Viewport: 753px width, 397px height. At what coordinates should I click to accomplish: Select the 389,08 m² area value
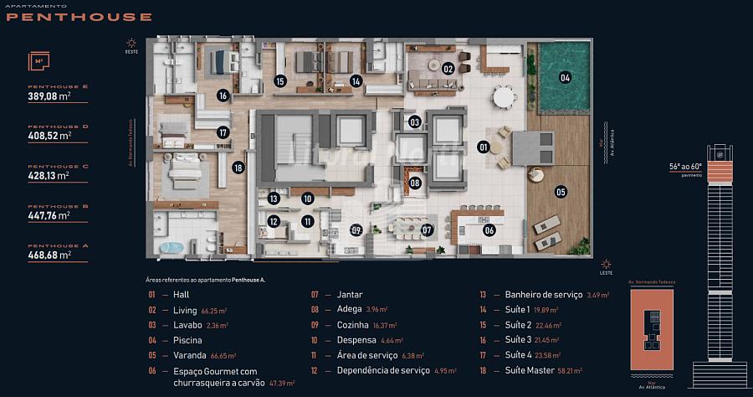(49, 96)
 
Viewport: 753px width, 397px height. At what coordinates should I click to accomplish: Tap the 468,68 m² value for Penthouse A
(49, 255)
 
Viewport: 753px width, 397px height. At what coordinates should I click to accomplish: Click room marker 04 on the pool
(565, 78)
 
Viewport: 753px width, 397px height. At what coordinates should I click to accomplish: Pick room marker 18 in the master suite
(238, 168)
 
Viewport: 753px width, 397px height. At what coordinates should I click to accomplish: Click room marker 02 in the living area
(448, 69)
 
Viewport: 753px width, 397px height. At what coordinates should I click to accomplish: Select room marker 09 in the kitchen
(356, 229)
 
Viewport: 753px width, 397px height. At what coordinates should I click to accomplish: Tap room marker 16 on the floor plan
(223, 95)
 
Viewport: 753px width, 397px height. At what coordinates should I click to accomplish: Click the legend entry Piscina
(187, 340)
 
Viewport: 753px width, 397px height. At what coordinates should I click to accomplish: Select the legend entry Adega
(349, 310)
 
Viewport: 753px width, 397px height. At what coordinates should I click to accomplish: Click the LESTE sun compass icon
(606, 263)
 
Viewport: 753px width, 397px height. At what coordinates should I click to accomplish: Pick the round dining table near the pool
(504, 98)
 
